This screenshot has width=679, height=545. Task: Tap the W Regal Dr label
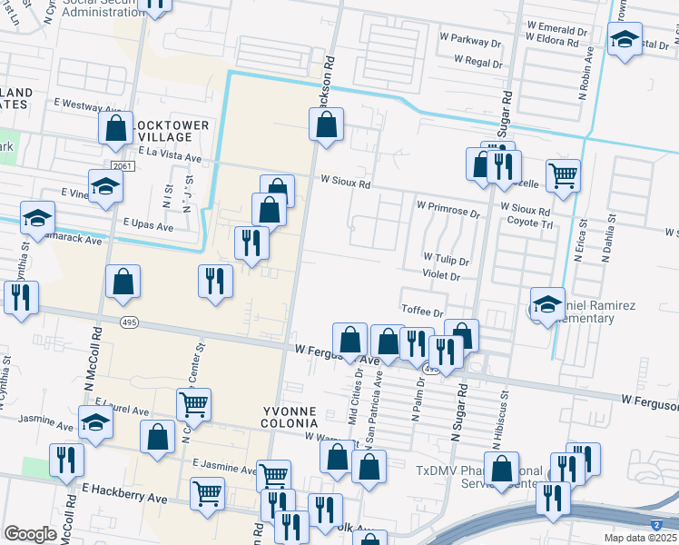pyautogui.click(x=478, y=61)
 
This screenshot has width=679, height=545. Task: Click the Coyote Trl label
pyautogui.click(x=529, y=222)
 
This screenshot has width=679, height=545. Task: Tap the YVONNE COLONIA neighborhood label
pyautogui.click(x=290, y=417)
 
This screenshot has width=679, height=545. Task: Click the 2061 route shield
pyautogui.click(x=124, y=166)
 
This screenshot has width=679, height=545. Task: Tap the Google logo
pyautogui.click(x=30, y=534)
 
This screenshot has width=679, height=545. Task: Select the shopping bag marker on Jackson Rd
pyautogui.click(x=327, y=124)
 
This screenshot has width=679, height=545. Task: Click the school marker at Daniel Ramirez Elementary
pyautogui.click(x=547, y=305)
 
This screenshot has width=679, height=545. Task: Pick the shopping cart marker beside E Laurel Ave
pyautogui.click(x=193, y=403)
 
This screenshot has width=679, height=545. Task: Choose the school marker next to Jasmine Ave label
pyautogui.click(x=94, y=423)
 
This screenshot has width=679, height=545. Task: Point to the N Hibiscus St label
pyautogui.click(x=497, y=423)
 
